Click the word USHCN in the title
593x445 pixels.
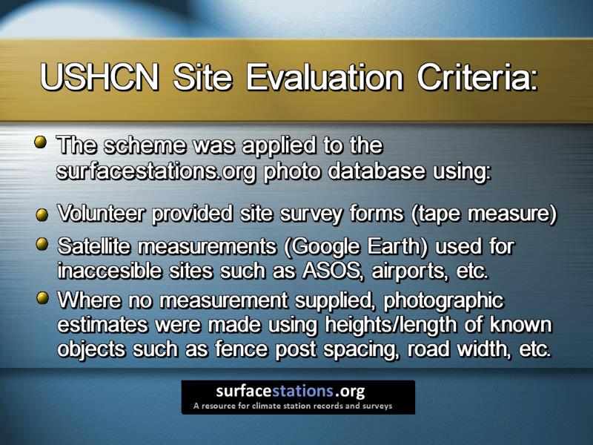(x=99, y=77)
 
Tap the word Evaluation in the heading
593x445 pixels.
(x=325, y=77)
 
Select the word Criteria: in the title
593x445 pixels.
(x=477, y=77)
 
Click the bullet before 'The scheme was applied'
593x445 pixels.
(x=41, y=142)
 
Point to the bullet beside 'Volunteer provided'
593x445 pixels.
(x=42, y=215)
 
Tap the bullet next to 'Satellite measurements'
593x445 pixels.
(x=42, y=244)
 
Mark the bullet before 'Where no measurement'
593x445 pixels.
(x=43, y=297)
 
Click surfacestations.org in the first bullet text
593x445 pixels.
(x=156, y=172)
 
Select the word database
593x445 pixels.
(x=377, y=171)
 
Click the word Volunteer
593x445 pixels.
(x=101, y=214)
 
